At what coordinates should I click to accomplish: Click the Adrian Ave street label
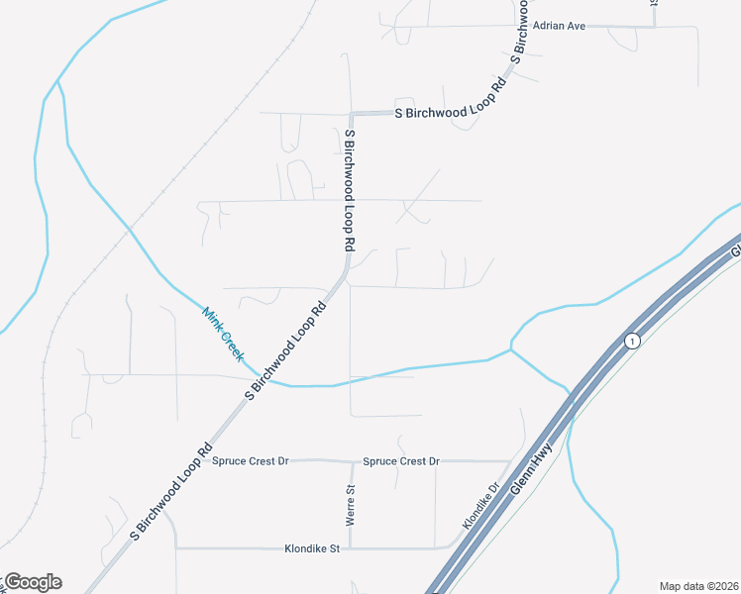[x=560, y=26]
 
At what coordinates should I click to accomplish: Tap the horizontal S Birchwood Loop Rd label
[x=450, y=113]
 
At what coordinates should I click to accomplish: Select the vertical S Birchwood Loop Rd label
[x=350, y=188]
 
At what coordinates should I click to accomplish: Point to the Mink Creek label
[x=222, y=334]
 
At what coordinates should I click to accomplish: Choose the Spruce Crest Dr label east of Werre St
[x=400, y=461]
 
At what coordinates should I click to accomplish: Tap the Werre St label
[x=350, y=505]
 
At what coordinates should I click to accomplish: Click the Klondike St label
[x=312, y=547]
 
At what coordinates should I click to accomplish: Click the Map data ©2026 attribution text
[x=699, y=586]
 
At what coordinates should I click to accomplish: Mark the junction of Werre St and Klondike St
[x=350, y=547]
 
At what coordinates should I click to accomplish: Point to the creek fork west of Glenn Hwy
[x=510, y=348]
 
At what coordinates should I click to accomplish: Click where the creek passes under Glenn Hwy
[x=571, y=394]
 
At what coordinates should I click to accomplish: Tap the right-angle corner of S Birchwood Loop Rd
[x=349, y=113]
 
